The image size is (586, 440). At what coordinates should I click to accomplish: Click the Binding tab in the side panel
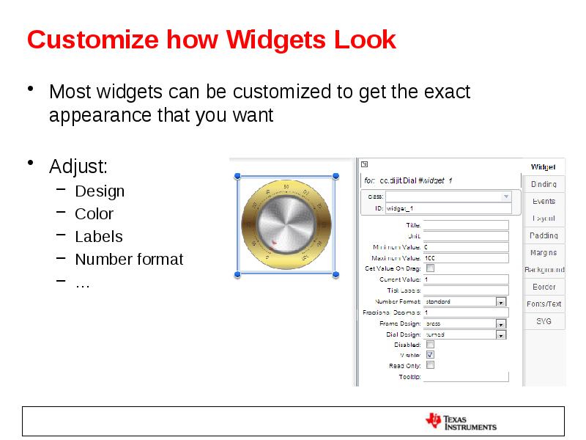pos(544,184)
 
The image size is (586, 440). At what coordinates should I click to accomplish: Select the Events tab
pos(544,201)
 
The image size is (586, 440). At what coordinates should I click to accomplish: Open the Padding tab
pos(544,235)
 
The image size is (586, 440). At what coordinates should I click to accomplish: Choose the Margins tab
pos(544,252)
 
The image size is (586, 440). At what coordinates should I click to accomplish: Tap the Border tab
pos(544,287)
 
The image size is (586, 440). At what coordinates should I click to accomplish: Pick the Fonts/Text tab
pos(544,304)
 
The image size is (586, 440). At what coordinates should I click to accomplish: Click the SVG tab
pos(544,321)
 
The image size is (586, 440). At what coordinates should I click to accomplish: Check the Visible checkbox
pos(430,354)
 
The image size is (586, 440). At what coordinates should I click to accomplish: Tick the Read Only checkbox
pos(430,364)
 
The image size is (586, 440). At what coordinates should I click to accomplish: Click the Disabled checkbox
pos(430,344)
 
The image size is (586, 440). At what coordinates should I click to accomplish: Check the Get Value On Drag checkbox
pos(430,268)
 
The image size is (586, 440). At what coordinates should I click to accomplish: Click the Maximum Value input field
pos(466,258)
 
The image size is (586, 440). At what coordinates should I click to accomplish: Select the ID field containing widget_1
pos(448,208)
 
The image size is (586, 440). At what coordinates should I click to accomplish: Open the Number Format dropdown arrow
pos(501,301)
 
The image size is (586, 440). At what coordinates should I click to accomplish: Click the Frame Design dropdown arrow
pos(501,323)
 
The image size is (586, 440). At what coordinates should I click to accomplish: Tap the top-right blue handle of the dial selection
pos(335,176)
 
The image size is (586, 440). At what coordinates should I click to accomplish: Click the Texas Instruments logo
pos(461,422)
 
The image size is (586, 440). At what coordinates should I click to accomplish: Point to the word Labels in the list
pos(99,236)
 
